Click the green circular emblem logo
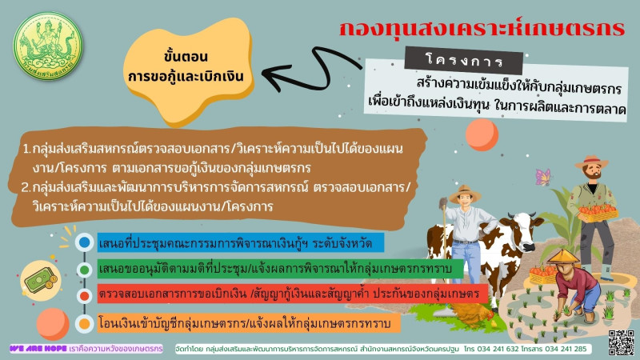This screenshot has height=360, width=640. tap(48, 46)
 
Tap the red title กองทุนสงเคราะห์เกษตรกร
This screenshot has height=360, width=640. tap(482, 29)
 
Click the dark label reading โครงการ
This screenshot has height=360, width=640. tap(464, 61)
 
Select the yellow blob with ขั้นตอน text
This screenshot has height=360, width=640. tap(188, 69)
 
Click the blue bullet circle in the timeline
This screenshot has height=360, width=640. tap(85, 242)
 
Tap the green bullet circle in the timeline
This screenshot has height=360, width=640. tap(85, 270)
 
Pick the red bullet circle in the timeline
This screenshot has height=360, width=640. tap(85, 296)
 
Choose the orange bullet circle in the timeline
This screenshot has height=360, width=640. tap(85, 324)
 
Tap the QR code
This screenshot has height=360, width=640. tap(621, 342)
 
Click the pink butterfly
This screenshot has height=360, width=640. tap(543, 177)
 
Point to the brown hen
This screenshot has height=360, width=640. tap(474, 315)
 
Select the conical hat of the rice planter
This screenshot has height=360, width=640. tap(564, 256)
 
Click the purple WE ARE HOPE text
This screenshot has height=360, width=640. tap(38, 349)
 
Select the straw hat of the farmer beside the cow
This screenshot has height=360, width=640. tap(465, 194)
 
